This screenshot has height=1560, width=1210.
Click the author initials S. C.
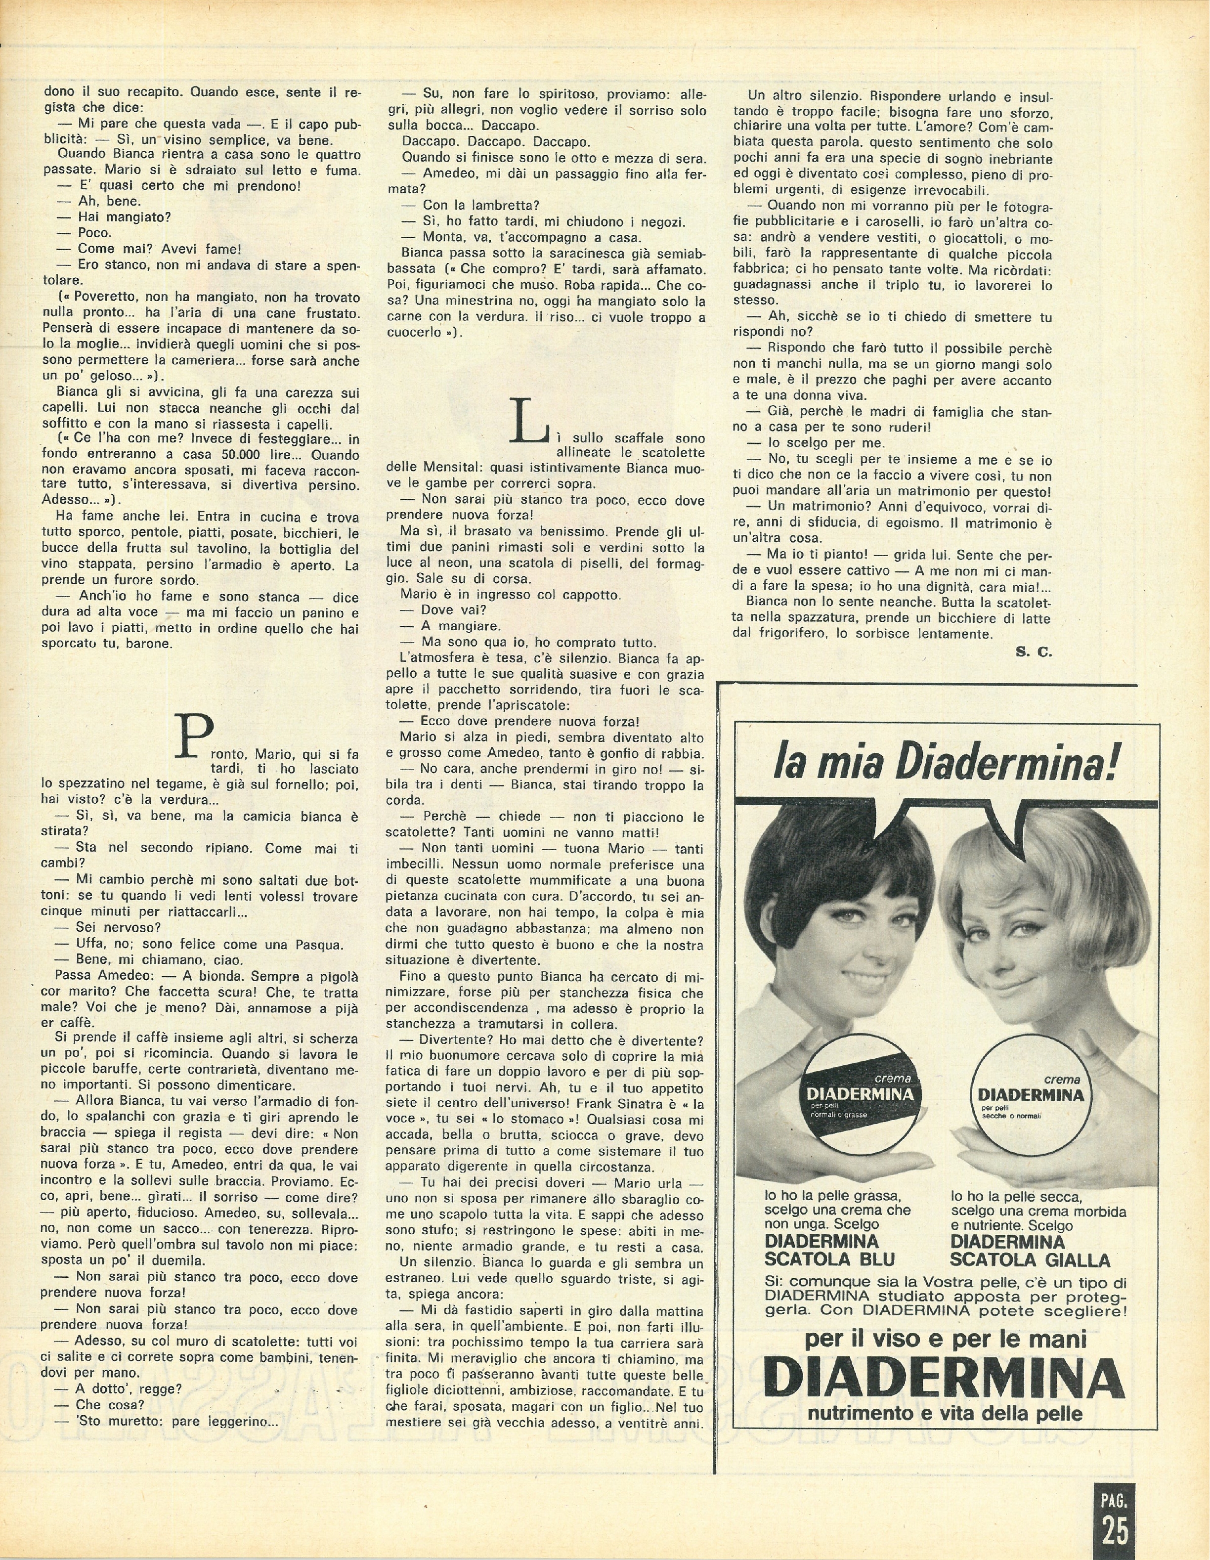coord(1033,651)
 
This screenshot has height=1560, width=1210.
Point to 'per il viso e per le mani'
coord(945,1339)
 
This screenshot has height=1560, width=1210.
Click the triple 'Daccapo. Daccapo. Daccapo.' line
coord(496,143)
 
